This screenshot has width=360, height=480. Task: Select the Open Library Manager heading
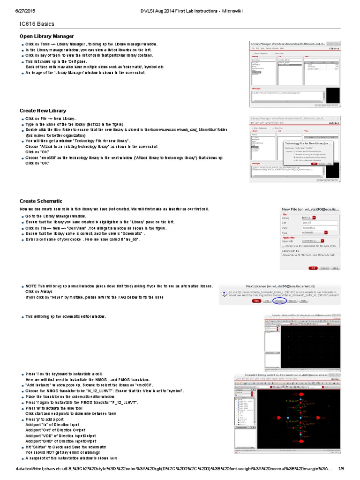point(46,36)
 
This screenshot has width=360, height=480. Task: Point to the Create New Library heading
point(43,111)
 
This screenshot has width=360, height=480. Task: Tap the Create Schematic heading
point(41,201)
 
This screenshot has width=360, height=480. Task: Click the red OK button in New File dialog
point(313,268)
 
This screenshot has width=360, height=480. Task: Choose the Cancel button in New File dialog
point(324,268)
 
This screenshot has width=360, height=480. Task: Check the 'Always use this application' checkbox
point(283,246)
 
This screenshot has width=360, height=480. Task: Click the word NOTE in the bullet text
point(31,285)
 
